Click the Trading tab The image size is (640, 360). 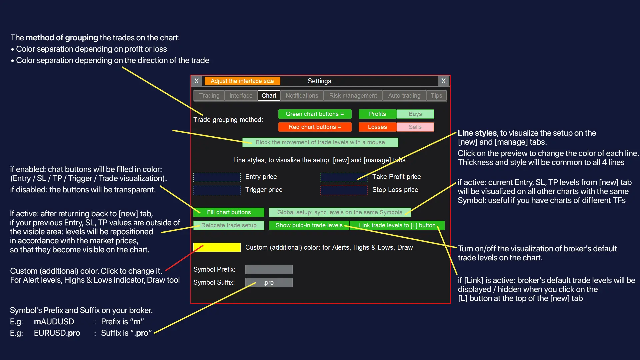tap(209, 96)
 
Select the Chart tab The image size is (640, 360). tap(269, 96)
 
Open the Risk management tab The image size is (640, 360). tap(353, 96)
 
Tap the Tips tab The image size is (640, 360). tap(436, 96)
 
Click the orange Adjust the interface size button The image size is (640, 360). tap(242, 81)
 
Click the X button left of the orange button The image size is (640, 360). tap(196, 81)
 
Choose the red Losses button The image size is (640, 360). tap(377, 127)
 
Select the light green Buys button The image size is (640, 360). tap(415, 114)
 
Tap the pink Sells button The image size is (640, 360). tap(415, 127)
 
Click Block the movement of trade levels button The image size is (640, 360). tap(320, 142)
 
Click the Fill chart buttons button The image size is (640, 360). tap(229, 212)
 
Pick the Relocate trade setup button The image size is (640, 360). tap(229, 225)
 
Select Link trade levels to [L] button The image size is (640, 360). tap(397, 225)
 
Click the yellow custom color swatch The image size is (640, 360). tap(217, 247)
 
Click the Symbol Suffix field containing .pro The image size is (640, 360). tap(269, 282)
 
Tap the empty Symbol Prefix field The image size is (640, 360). tap(269, 269)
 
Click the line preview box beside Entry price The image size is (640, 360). tap(217, 177)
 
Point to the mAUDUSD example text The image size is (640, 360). tap(54, 322)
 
